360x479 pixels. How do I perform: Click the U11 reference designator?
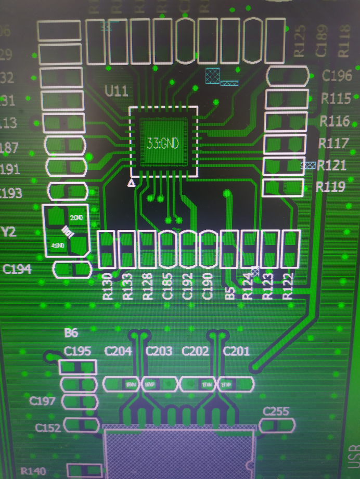(116, 92)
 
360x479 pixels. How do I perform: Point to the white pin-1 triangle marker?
(132, 183)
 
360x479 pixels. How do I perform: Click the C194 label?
(17, 269)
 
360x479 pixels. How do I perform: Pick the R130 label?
(108, 286)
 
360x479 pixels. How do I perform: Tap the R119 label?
(332, 187)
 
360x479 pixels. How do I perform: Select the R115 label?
(336, 98)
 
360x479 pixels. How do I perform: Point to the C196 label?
(337, 76)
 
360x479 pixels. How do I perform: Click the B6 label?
(71, 333)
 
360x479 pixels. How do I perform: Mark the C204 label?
(118, 351)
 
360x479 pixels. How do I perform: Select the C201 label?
(236, 352)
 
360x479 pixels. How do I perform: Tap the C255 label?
(276, 411)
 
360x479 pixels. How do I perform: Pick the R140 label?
(33, 472)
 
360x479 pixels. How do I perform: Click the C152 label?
(48, 427)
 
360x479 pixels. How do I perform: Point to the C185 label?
(168, 286)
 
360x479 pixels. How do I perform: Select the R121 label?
(332, 165)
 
